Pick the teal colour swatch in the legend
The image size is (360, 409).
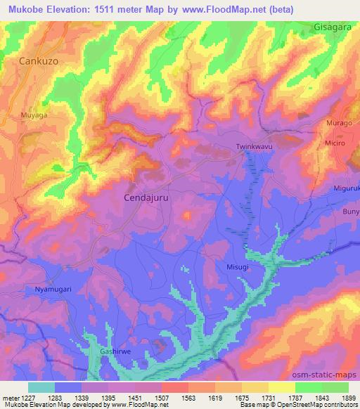41,387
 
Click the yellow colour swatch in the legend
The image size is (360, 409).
281,387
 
